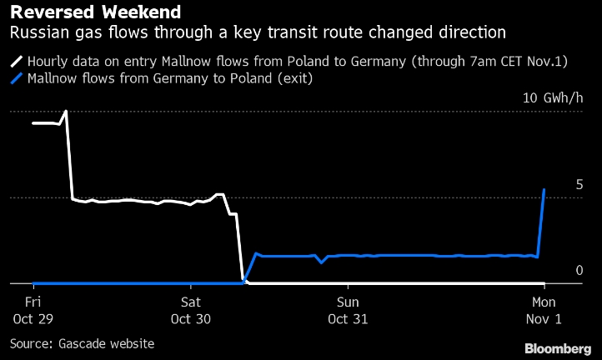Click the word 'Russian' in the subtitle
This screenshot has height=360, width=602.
tap(34, 33)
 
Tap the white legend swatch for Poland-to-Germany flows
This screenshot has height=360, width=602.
tap(16, 62)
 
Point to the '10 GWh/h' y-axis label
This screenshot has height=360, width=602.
tap(553, 97)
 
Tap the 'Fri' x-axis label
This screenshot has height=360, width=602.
tap(33, 302)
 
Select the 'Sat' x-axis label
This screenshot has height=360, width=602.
tap(191, 302)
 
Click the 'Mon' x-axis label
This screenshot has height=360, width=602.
tap(544, 302)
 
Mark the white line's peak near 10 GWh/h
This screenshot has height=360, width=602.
tap(66, 111)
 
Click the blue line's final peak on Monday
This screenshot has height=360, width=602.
tap(544, 190)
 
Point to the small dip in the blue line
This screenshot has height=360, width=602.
tap(322, 262)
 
